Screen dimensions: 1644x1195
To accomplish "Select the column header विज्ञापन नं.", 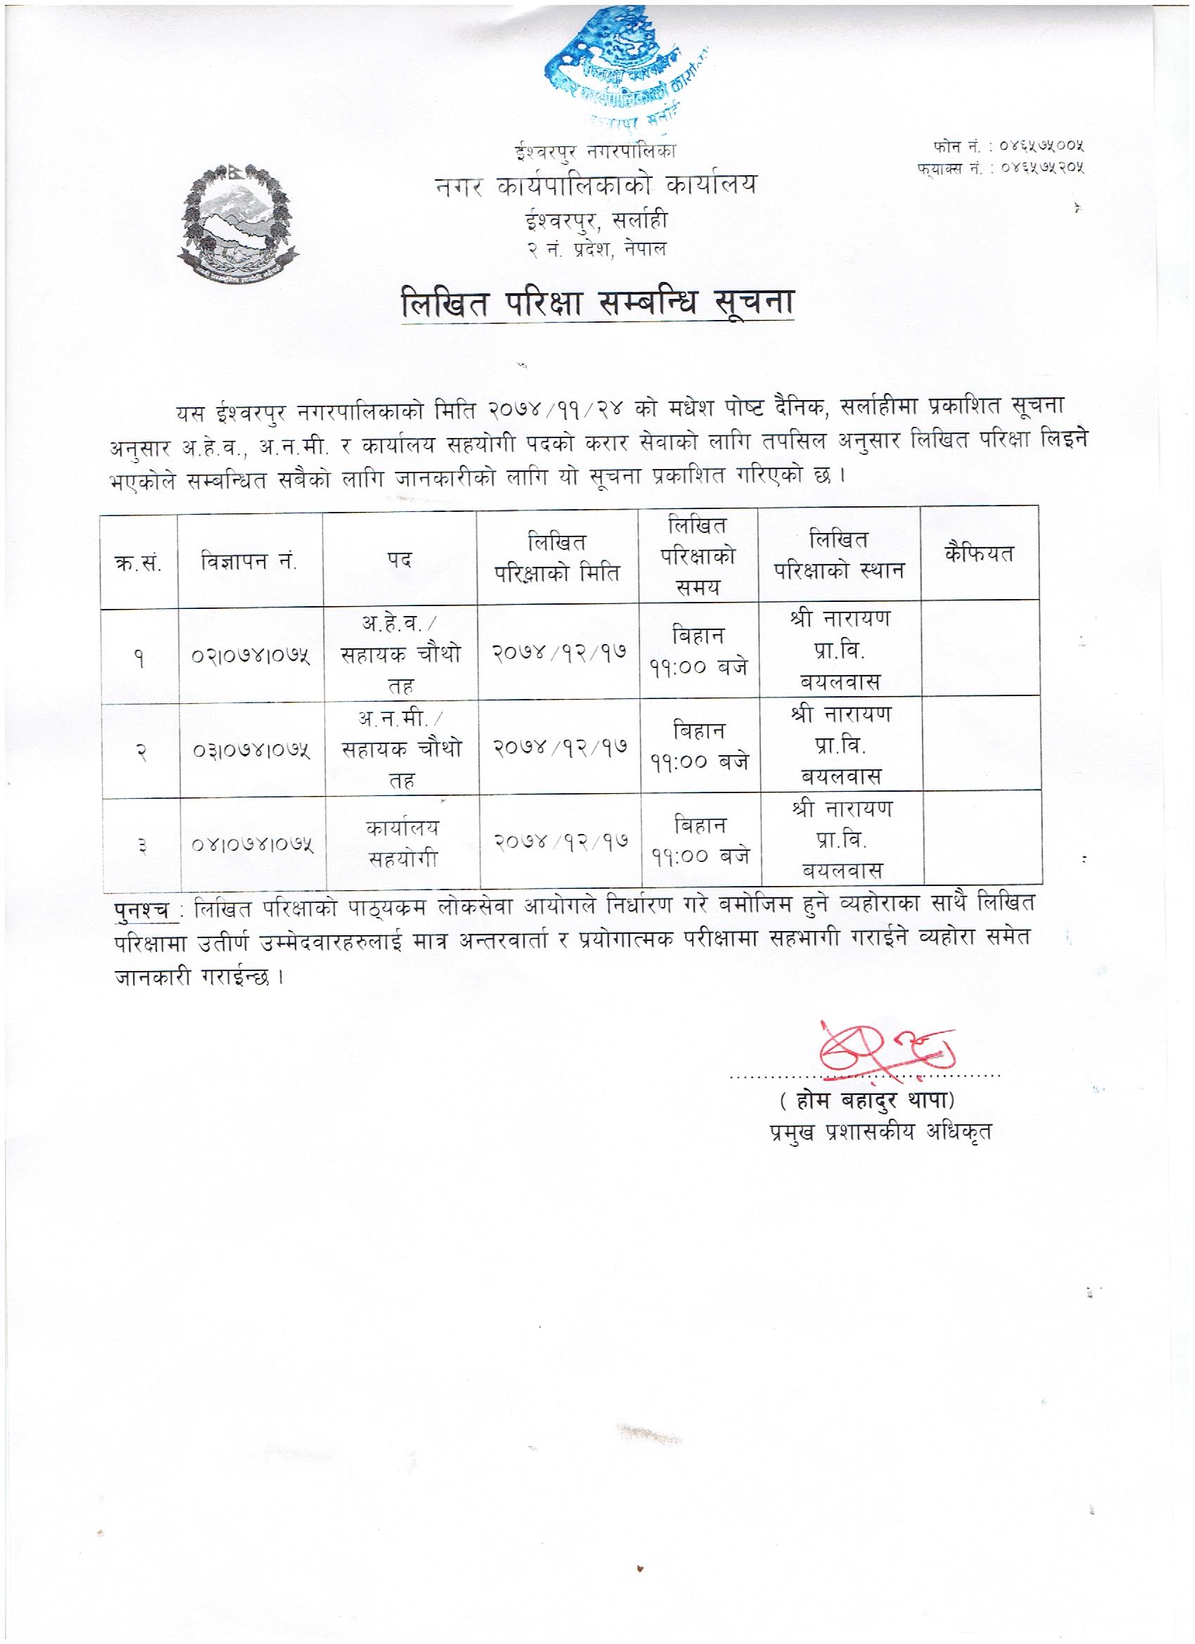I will coord(250,560).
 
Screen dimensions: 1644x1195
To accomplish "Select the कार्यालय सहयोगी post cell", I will coord(403,844).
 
